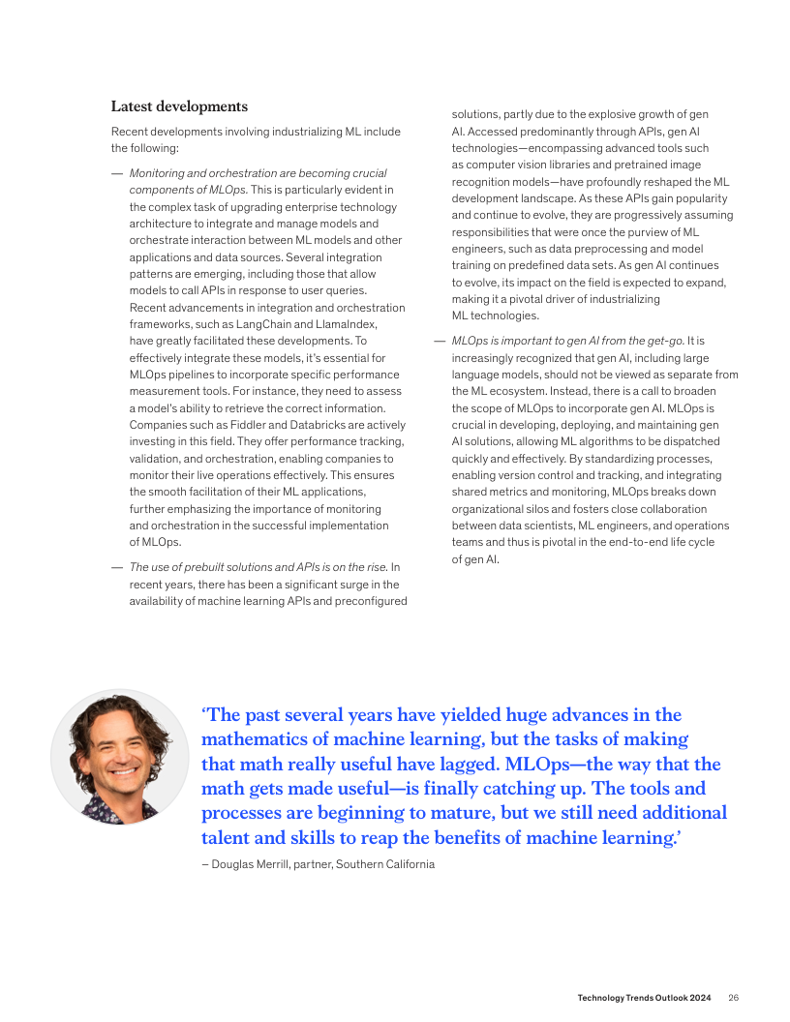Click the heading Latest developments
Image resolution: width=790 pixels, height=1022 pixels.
click(x=179, y=106)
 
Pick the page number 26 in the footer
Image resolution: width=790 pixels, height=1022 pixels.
click(x=734, y=998)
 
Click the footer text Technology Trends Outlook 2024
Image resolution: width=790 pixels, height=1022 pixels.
click(x=644, y=998)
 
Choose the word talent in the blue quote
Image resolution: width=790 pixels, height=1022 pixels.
click(x=228, y=838)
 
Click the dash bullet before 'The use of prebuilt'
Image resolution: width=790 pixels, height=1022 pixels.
click(x=116, y=567)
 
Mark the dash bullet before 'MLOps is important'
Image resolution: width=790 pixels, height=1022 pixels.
click(x=439, y=341)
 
